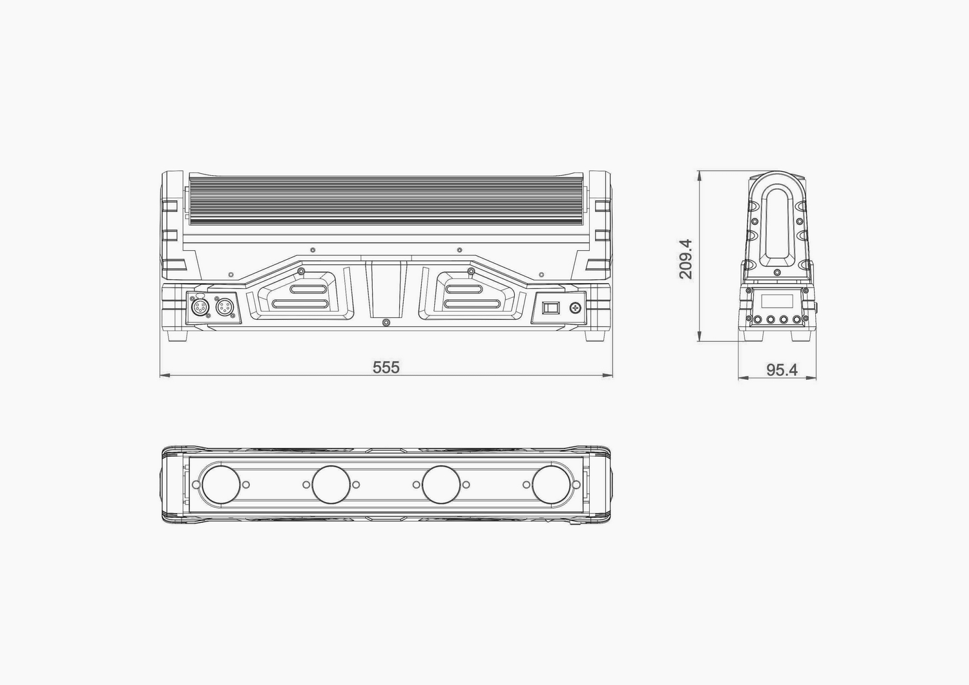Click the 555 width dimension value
tap(386, 367)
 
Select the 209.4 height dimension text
tap(685, 258)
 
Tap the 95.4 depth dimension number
tap(782, 370)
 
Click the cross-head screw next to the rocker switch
tap(574, 308)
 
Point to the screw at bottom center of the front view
tap(386, 322)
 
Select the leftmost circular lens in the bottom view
tap(221, 485)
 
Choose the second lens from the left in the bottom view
tap(331, 485)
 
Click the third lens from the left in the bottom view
tap(441, 485)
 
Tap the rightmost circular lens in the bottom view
tap(552, 485)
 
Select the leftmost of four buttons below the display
tap(756, 319)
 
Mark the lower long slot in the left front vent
tap(302, 303)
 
